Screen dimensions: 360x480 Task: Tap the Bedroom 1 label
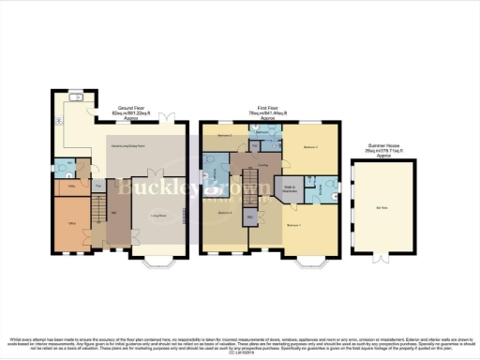point(293,225)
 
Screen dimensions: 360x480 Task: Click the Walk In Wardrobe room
point(290,187)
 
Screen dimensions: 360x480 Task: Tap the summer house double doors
point(381,254)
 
